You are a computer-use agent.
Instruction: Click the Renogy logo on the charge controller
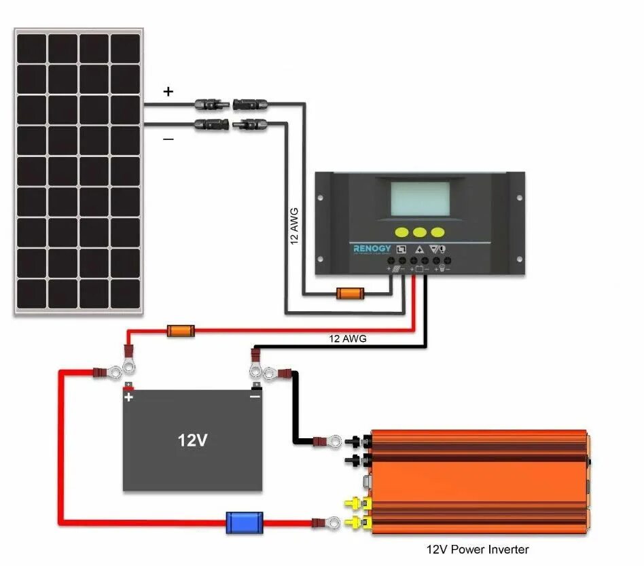(372, 249)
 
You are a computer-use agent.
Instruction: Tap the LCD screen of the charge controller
(419, 198)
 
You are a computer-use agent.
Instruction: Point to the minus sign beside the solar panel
(168, 139)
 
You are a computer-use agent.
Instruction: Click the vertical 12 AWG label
(295, 226)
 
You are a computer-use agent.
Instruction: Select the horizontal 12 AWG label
(348, 338)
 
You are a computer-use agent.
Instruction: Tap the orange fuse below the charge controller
(351, 294)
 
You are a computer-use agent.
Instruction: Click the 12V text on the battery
(192, 440)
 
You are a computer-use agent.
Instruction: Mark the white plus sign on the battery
(129, 398)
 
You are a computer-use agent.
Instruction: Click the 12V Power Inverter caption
(477, 549)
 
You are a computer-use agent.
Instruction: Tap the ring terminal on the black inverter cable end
(334, 442)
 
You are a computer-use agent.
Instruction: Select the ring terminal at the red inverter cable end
(333, 523)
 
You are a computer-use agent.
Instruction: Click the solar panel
(79, 171)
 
